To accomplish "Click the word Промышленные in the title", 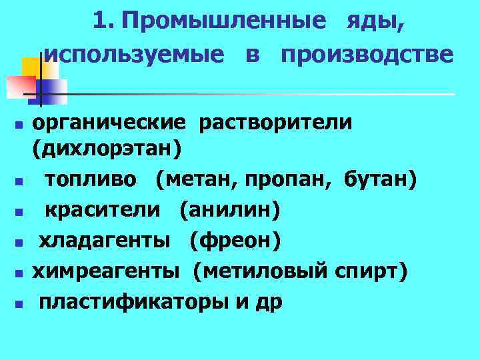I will point(224,21).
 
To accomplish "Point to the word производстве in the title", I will point(367,54).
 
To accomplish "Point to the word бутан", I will point(380,179).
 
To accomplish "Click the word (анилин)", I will point(229,210).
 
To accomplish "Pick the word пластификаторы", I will point(133,302).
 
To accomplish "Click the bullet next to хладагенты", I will point(21,243).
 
